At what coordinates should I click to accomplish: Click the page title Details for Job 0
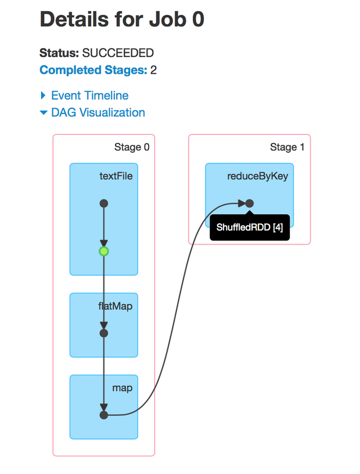click(x=122, y=20)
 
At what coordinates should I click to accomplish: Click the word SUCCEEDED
click(x=118, y=53)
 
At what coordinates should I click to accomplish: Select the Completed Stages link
click(x=93, y=71)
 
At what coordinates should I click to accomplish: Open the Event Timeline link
click(x=89, y=96)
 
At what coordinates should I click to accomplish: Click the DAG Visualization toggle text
click(x=98, y=113)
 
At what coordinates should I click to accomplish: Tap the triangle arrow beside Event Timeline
click(x=43, y=96)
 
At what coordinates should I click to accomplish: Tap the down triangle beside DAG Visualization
click(x=43, y=113)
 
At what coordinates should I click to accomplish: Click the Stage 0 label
click(x=132, y=147)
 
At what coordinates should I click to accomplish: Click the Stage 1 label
click(x=287, y=147)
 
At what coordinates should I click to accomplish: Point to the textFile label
click(x=116, y=175)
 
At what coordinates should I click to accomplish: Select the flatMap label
click(x=116, y=306)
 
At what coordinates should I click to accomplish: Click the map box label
click(x=123, y=387)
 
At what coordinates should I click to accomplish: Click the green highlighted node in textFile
click(x=104, y=252)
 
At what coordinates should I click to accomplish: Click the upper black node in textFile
click(x=104, y=203)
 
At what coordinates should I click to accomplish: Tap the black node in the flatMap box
click(x=104, y=333)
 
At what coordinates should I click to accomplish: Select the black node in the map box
click(x=104, y=415)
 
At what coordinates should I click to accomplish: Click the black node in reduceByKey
click(x=249, y=203)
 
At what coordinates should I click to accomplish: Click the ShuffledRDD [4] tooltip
click(x=250, y=228)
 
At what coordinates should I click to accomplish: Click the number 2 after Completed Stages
click(x=154, y=71)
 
